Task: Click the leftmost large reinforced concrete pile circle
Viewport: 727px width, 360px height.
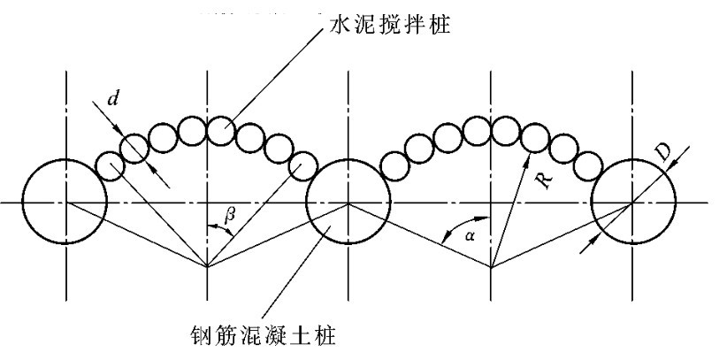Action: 65,202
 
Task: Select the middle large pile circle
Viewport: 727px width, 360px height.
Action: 348,202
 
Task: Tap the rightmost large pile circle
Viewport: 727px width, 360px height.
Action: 632,202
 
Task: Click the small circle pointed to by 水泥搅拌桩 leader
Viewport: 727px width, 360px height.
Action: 220,130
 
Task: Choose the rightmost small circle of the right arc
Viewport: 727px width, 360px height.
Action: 587,165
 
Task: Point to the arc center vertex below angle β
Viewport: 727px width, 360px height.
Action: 207,265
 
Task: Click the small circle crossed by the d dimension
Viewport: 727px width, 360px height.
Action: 134,148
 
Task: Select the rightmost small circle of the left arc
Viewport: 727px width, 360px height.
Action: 303,165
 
